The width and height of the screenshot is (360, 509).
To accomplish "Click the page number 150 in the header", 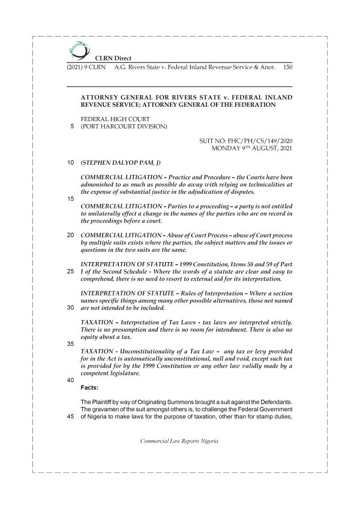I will tap(287, 67).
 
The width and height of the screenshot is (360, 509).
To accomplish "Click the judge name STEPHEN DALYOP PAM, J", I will tap(120, 162).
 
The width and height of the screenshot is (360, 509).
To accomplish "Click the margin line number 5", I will tap(72, 127).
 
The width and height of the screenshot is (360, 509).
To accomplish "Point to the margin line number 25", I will tap(71, 271).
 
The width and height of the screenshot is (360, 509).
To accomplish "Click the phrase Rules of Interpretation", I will tap(217, 293).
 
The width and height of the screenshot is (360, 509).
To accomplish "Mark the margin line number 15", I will tap(71, 197).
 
